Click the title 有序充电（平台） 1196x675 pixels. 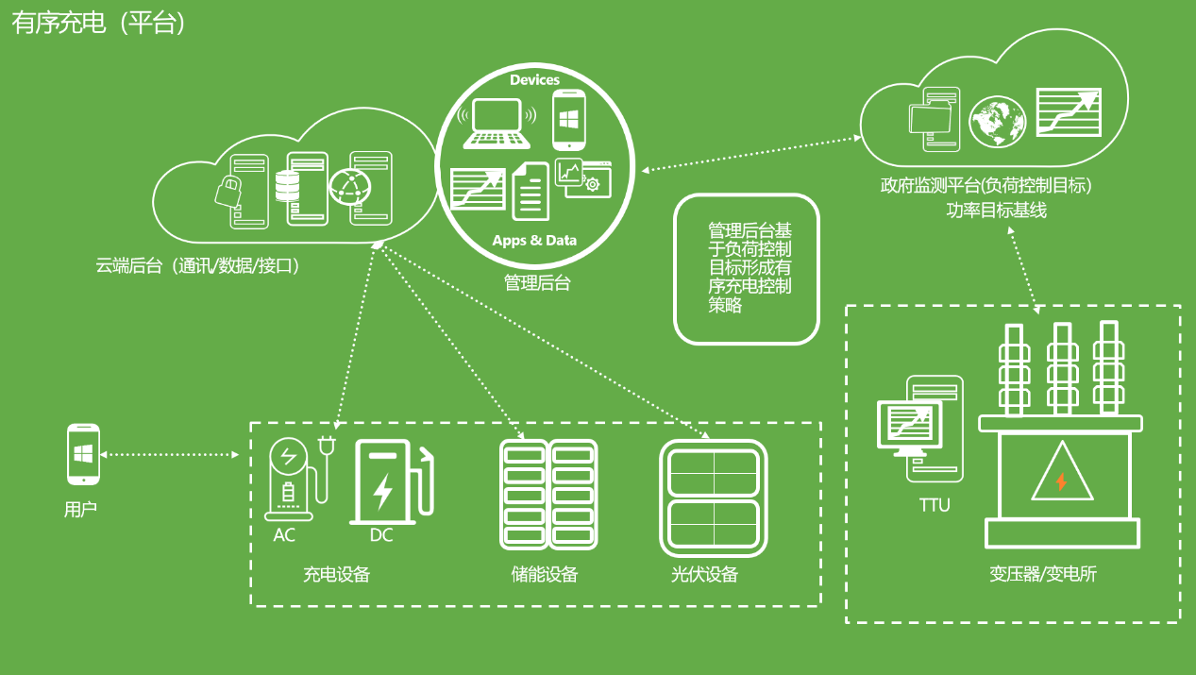(99, 24)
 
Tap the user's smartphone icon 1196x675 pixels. (83, 454)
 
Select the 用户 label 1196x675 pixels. (81, 510)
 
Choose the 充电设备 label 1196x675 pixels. (336, 574)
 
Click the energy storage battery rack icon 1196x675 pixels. (548, 496)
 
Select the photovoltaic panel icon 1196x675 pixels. (714, 498)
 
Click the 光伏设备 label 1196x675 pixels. (704, 574)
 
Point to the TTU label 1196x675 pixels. (935, 506)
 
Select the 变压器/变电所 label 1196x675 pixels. (1043, 574)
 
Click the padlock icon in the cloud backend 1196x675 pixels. (228, 192)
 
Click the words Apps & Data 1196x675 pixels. (534, 240)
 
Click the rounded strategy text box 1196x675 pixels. (746, 269)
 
